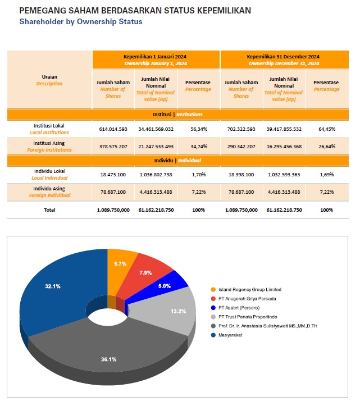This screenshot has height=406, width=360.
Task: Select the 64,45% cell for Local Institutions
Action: pos(326,129)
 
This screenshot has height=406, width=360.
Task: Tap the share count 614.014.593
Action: pos(113,129)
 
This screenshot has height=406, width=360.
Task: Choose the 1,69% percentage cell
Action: pos(326,174)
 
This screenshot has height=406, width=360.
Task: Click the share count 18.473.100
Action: pos(113,174)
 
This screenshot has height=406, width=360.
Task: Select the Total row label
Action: pos(49,210)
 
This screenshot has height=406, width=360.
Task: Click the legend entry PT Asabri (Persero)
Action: pos(233,307)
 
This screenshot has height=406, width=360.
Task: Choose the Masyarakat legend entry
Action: pos(227,335)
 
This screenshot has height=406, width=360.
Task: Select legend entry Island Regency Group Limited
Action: pos(244,289)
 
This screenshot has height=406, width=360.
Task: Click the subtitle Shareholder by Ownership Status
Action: pos(80,22)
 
